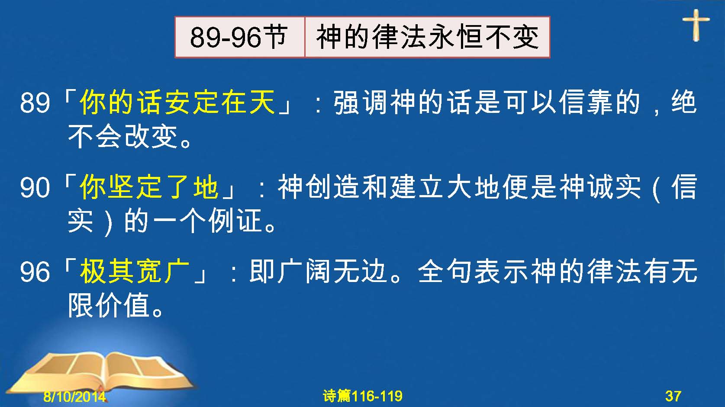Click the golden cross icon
tap(696, 25)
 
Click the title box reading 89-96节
tap(239, 37)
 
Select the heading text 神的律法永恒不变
tap(427, 37)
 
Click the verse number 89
tap(35, 103)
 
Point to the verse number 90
tap(35, 188)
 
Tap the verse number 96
tap(35, 272)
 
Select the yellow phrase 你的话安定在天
tap(177, 102)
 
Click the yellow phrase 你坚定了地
tap(149, 187)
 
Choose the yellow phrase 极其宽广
tap(135, 271)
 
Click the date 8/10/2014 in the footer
tap(74, 396)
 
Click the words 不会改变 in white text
tap(123, 136)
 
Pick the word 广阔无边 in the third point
tap(334, 271)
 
